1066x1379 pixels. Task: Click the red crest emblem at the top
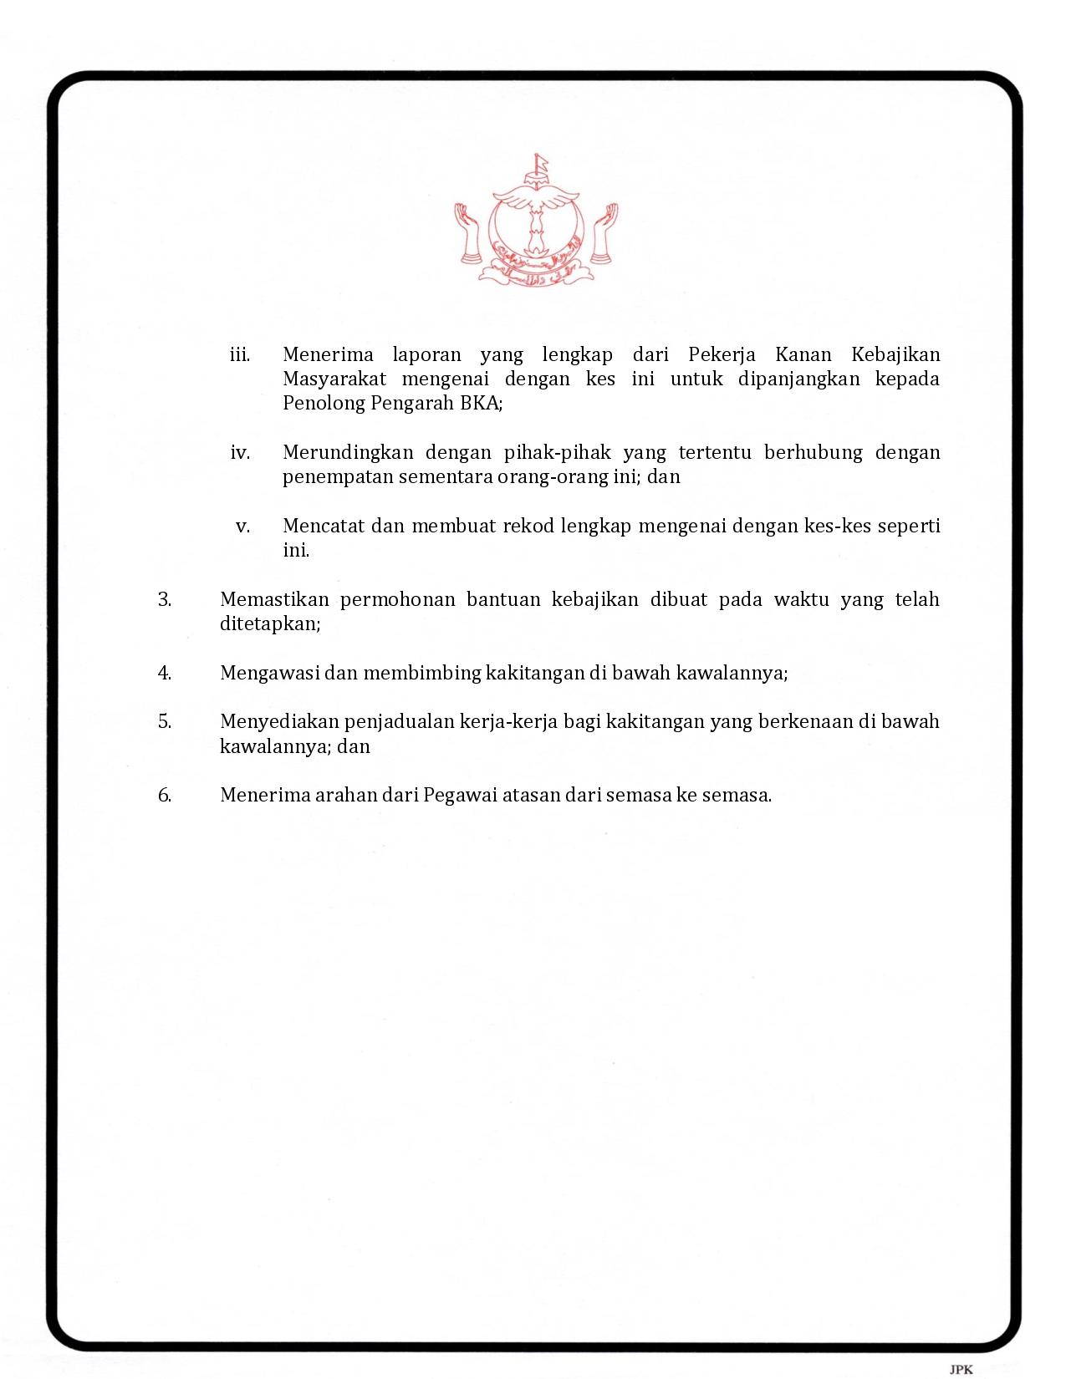coord(535,221)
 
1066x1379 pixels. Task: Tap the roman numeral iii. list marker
coord(240,355)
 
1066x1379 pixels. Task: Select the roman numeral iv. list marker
coord(240,453)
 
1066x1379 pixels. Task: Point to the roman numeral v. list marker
coord(243,527)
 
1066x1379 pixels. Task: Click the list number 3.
coord(165,600)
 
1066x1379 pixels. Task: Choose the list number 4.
coord(165,673)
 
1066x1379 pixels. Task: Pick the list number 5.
coord(165,721)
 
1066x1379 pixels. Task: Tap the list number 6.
coord(165,795)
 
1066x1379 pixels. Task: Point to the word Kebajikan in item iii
coord(895,354)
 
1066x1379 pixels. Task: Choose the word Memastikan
coord(274,600)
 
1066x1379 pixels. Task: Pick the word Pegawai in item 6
coord(460,795)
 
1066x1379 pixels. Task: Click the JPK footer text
coord(961,1369)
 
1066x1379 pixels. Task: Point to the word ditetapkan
coord(269,624)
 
